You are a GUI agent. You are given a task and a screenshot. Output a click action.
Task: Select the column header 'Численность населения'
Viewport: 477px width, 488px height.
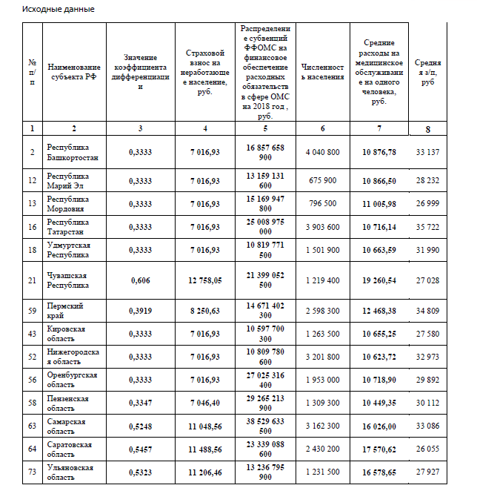tap(322, 72)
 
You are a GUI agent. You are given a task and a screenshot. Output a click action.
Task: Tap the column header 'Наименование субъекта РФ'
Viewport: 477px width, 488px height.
tap(73, 72)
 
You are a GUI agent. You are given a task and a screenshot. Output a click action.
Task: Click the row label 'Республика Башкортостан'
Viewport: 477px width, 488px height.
tap(73, 152)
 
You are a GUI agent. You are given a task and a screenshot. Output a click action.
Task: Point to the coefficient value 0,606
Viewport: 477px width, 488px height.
tap(140, 280)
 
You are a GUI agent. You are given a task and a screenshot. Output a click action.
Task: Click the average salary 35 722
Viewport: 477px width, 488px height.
tap(428, 226)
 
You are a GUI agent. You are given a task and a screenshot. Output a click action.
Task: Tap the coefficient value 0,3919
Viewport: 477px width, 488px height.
tap(140, 310)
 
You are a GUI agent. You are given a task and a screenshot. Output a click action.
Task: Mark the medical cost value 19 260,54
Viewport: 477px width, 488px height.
tap(379, 280)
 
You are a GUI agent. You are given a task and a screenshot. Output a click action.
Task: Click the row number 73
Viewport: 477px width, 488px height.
tap(33, 472)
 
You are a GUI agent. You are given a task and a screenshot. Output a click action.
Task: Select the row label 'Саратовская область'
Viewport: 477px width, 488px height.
tap(69, 449)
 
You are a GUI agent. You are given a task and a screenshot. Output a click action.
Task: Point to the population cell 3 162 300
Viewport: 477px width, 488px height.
tap(322, 426)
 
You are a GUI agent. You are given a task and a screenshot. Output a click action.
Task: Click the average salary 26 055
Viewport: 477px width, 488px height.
tap(428, 449)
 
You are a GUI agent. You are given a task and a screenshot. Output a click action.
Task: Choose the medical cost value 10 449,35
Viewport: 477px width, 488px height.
tap(379, 403)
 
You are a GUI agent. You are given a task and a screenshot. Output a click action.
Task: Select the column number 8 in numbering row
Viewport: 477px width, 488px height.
tap(428, 129)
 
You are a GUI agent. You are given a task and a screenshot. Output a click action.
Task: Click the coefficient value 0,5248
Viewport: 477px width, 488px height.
tap(140, 426)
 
